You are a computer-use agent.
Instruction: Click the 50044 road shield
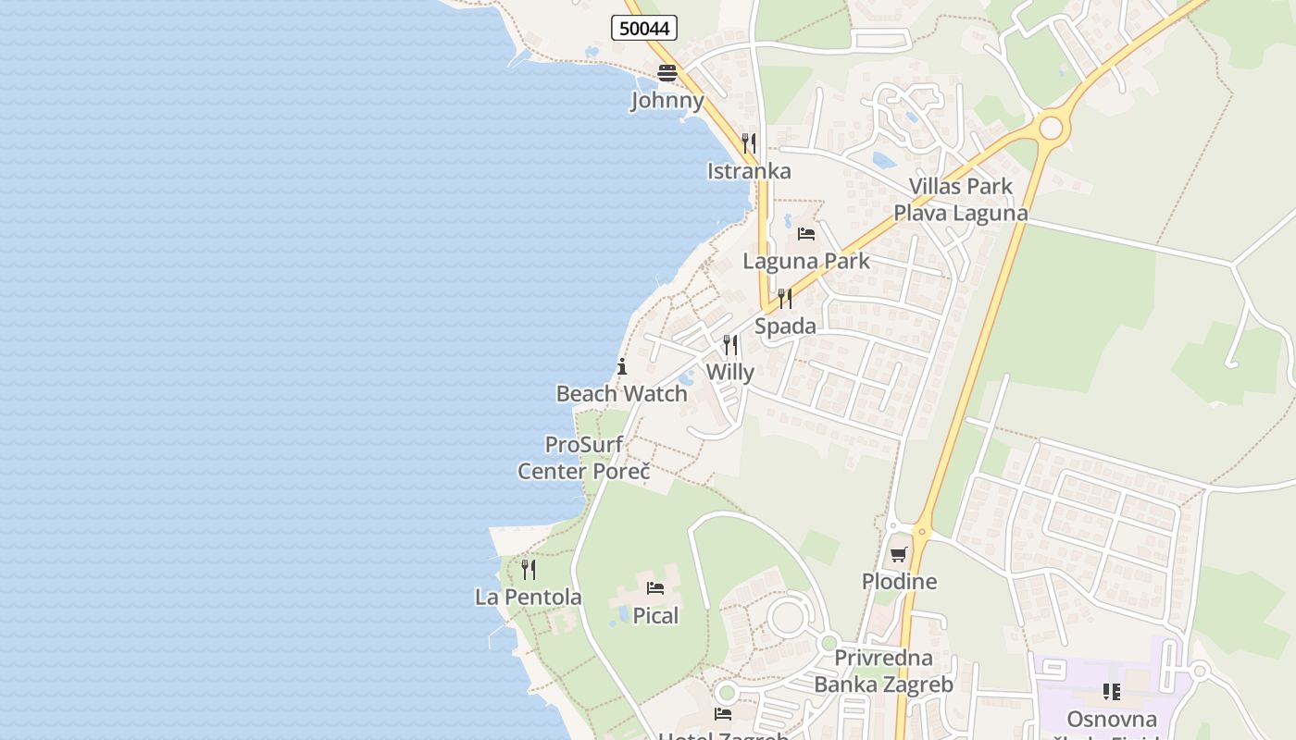644,28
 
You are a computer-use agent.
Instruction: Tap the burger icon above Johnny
667,73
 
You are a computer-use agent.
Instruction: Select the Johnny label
667,100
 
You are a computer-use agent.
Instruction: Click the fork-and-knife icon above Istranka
749,143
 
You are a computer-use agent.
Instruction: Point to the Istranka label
749,171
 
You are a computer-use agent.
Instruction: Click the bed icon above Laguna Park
806,233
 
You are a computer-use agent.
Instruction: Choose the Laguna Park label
806,261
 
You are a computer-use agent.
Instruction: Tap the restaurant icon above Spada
785,298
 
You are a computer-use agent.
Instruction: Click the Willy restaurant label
730,373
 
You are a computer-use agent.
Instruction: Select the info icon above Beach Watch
622,366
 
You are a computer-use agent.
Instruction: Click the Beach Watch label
621,394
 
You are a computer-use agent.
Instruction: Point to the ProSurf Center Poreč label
583,458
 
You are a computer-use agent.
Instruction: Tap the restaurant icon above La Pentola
529,569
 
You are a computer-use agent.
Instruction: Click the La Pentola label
529,598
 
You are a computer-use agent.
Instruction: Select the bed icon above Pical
655,587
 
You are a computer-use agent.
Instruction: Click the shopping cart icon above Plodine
899,554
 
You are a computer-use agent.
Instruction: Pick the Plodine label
899,582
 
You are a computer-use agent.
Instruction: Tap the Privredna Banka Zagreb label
883,672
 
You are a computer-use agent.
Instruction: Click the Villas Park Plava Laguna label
960,200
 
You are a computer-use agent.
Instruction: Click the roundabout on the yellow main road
1050,128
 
